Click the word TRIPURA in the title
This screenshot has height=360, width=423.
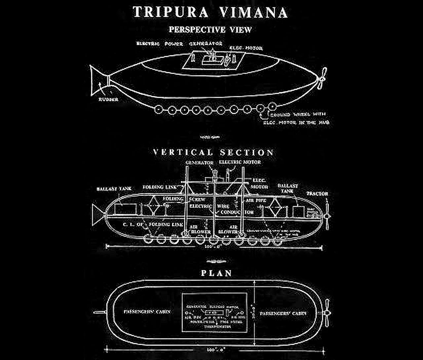(x=171, y=12)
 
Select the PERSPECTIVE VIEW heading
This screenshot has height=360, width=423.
(x=210, y=30)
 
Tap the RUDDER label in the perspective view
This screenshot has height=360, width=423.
(x=108, y=99)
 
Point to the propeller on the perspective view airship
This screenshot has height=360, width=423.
(x=322, y=78)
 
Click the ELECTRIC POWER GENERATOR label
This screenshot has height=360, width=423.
(x=179, y=44)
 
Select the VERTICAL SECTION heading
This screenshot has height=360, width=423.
(x=213, y=152)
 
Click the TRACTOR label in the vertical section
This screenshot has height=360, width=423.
(x=317, y=194)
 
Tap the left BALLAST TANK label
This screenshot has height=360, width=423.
(x=114, y=189)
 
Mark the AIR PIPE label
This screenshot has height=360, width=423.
(x=256, y=200)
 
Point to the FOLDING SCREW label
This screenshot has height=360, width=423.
(x=184, y=199)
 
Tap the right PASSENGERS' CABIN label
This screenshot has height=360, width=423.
(x=283, y=313)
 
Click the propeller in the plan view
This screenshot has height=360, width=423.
(x=326, y=313)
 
